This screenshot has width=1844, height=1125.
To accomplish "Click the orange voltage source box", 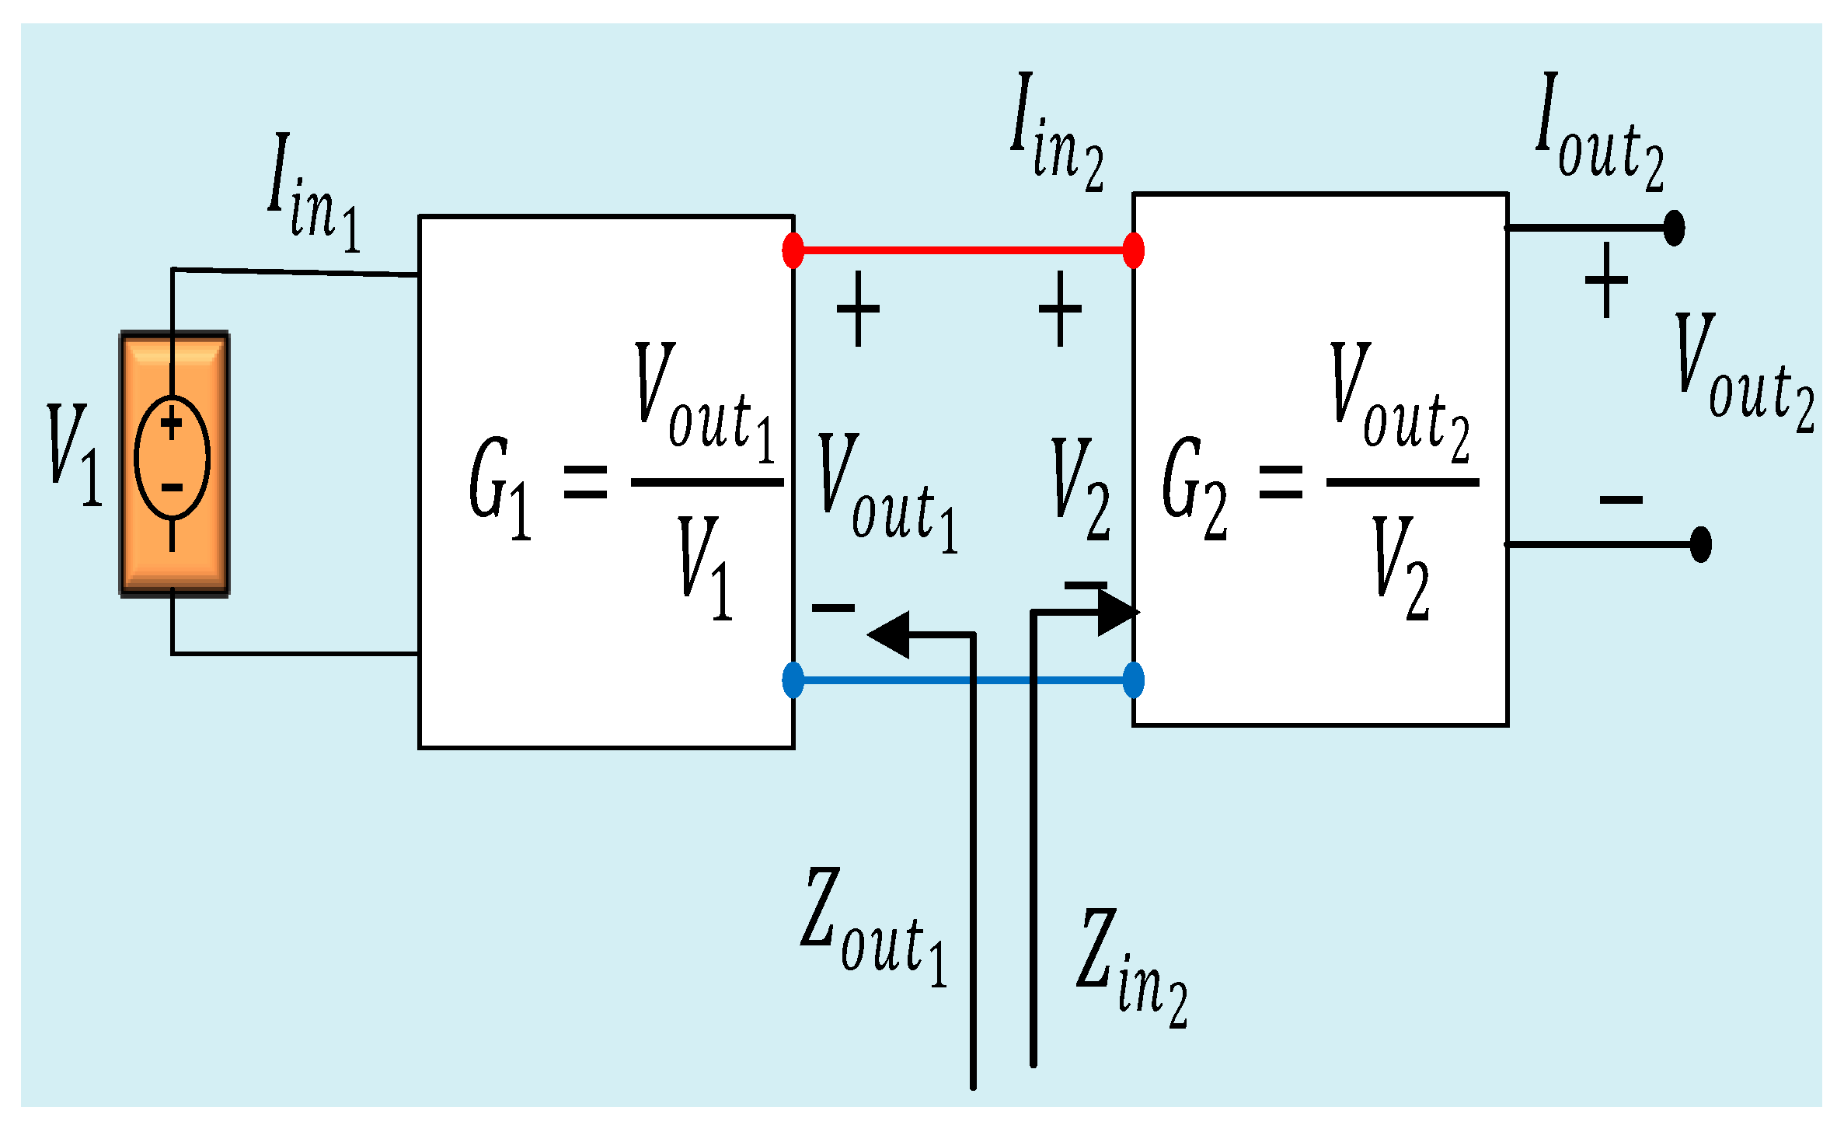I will click(174, 464).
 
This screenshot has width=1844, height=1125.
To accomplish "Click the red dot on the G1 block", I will click(793, 250).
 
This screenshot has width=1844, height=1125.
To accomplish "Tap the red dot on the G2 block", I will click(1134, 250).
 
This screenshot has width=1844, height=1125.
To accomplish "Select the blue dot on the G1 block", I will click(793, 680).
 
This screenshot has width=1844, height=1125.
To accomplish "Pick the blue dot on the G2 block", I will click(1134, 680).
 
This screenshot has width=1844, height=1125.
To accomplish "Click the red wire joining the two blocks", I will click(964, 250).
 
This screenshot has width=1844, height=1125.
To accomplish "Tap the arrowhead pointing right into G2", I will click(1117, 612).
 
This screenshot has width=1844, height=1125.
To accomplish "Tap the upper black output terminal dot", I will click(1675, 228).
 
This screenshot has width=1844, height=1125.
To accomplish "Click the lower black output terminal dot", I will click(1701, 544).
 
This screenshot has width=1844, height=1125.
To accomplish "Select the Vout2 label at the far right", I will click(1743, 373).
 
